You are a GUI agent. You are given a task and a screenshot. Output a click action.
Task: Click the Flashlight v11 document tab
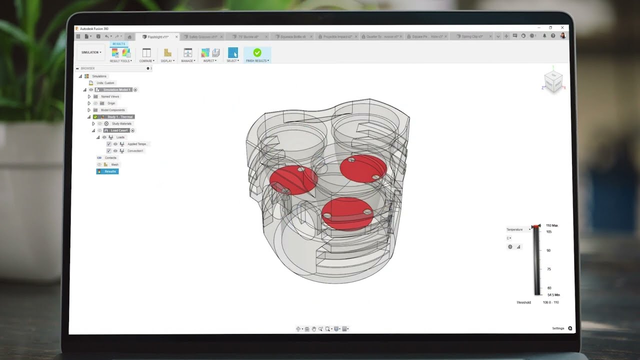pos(158,37)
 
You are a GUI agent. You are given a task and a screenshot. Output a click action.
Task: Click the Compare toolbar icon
pos(146,53)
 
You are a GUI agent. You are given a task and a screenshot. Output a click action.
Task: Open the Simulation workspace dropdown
pos(91,52)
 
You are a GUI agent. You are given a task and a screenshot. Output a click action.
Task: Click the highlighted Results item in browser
pos(107,171)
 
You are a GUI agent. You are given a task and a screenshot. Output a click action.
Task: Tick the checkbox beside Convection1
pos(109,150)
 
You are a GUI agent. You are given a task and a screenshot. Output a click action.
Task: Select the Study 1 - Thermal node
pos(119,117)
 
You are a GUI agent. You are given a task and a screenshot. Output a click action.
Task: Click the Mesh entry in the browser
pos(114,164)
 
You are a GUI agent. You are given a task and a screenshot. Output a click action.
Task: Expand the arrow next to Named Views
pos(89,96)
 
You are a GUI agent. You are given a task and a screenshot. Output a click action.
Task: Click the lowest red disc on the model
pos(347,213)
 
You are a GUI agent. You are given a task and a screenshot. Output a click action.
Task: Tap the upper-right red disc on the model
pos(363,168)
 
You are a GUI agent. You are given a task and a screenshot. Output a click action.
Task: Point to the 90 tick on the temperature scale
pos(548,250)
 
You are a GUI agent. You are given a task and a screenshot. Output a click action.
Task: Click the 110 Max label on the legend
pos(552,225)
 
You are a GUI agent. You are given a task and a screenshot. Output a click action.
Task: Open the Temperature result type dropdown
pos(518,229)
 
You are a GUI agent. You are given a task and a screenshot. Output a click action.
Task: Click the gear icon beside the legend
pos(510,246)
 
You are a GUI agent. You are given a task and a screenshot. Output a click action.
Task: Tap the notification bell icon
pos(544,36)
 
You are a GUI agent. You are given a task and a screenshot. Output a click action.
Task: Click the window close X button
pos(562,28)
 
